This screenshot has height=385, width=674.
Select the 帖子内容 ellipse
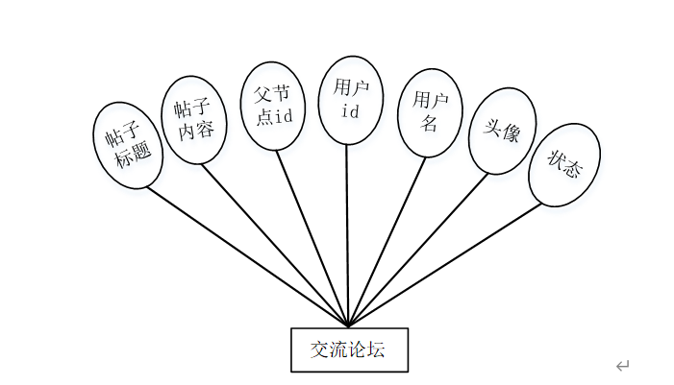(194, 118)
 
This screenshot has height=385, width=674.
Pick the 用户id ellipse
(350, 100)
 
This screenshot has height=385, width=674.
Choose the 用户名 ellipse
(428, 111)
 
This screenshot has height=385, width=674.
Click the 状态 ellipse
(564, 165)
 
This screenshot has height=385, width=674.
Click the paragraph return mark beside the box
(622, 366)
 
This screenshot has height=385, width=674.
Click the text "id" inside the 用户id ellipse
(350, 111)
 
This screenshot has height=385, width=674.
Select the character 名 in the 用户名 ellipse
(429, 122)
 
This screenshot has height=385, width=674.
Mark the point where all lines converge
(348, 325)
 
